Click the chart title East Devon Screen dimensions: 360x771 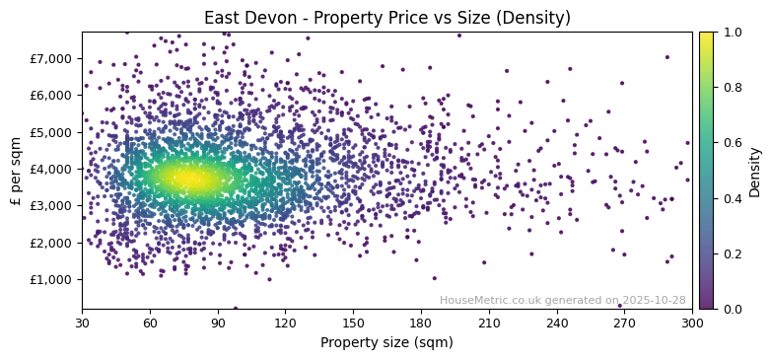[x=386, y=18]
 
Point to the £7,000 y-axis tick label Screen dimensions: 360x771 [x=51, y=58]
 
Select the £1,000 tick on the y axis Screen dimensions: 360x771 [x=51, y=279]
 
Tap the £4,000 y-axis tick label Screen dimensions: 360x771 [x=51, y=169]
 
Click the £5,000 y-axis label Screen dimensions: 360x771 [x=51, y=132]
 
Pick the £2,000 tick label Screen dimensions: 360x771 [x=51, y=243]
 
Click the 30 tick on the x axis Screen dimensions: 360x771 [x=82, y=323]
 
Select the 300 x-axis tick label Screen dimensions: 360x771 [x=692, y=323]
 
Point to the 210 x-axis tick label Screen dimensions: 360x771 [x=489, y=323]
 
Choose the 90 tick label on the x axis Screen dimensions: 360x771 [x=218, y=323]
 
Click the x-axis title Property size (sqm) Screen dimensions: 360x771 [x=386, y=342]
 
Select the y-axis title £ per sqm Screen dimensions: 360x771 [x=17, y=170]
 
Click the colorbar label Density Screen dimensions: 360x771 [x=755, y=171]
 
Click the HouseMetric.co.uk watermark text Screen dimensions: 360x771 [x=562, y=300]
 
